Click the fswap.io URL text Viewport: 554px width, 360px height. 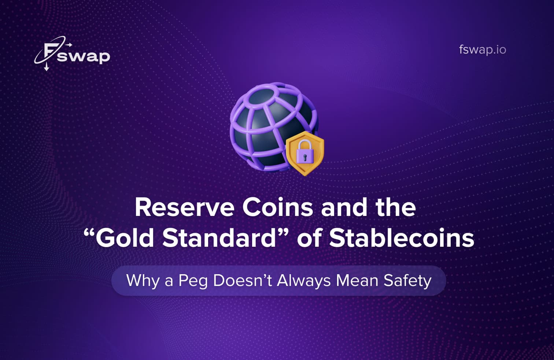coord(482,49)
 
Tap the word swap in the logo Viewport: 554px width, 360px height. coord(84,56)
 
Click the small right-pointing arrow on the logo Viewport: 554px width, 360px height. coord(69,45)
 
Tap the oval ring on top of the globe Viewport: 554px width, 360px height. coord(263,93)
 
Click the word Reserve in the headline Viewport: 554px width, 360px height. coord(184,207)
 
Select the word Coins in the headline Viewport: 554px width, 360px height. coord(277,207)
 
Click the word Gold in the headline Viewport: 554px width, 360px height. coord(125,238)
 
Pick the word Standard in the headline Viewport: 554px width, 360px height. coord(219,238)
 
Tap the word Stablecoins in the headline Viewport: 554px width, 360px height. coord(402,238)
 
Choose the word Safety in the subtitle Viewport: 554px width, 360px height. coord(407,281)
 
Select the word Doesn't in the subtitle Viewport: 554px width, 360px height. coord(243,281)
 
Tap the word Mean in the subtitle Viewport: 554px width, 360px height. coord(357,281)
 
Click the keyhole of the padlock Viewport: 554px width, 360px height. coord(305,157)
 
